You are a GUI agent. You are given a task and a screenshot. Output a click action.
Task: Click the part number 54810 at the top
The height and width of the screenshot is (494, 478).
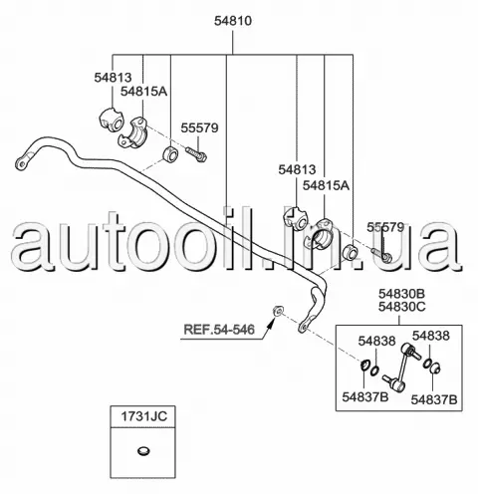point(233,21)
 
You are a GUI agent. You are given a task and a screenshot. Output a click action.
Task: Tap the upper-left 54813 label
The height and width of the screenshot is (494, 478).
point(113,78)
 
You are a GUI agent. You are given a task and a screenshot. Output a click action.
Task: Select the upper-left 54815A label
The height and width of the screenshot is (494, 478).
point(143,91)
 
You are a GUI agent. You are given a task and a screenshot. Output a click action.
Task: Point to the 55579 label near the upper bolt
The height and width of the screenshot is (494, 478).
point(199,127)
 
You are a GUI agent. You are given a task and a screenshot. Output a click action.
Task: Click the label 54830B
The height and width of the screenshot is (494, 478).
point(401,294)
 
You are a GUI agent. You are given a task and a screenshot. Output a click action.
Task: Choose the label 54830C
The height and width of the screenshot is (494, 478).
point(401,307)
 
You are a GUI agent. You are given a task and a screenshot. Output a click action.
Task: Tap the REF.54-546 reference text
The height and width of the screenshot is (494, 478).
point(219,330)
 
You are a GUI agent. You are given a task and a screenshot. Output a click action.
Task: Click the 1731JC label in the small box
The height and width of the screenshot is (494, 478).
point(143,416)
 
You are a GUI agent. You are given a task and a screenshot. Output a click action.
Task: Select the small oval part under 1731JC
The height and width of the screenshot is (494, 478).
point(143,451)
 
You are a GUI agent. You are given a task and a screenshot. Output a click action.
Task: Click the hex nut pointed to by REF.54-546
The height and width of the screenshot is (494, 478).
point(278,311)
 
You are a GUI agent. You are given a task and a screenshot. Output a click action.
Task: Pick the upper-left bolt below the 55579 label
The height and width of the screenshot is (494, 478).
point(196,154)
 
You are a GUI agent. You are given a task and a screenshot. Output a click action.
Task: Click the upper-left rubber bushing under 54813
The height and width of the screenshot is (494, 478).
point(112,121)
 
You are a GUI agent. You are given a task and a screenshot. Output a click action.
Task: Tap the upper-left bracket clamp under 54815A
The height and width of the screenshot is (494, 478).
point(133,131)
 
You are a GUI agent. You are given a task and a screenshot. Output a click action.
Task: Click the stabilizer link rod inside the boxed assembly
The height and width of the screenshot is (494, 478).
point(401,367)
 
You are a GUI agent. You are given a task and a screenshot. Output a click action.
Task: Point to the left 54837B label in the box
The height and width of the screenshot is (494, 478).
point(365,396)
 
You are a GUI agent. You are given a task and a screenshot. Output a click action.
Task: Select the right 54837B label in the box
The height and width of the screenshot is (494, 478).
point(434,399)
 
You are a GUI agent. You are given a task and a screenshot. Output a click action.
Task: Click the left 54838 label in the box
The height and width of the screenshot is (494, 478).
point(376,341)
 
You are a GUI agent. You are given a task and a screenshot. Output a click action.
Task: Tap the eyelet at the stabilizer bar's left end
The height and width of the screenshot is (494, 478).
point(20,164)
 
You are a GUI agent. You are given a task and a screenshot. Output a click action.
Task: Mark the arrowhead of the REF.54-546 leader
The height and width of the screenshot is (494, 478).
point(273,321)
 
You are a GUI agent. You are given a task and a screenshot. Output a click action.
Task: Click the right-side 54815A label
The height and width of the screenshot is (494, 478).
point(326,185)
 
